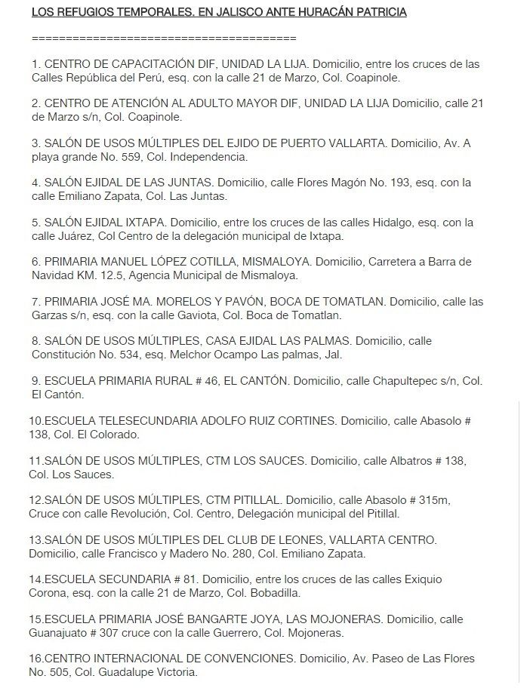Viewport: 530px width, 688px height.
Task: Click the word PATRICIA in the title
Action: pyautogui.click(x=381, y=12)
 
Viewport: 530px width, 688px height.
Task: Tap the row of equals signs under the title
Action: pyautogui.click(x=165, y=38)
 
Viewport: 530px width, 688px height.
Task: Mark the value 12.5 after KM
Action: pyautogui.click(x=110, y=275)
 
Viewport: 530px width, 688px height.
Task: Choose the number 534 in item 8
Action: pyautogui.click(x=131, y=354)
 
